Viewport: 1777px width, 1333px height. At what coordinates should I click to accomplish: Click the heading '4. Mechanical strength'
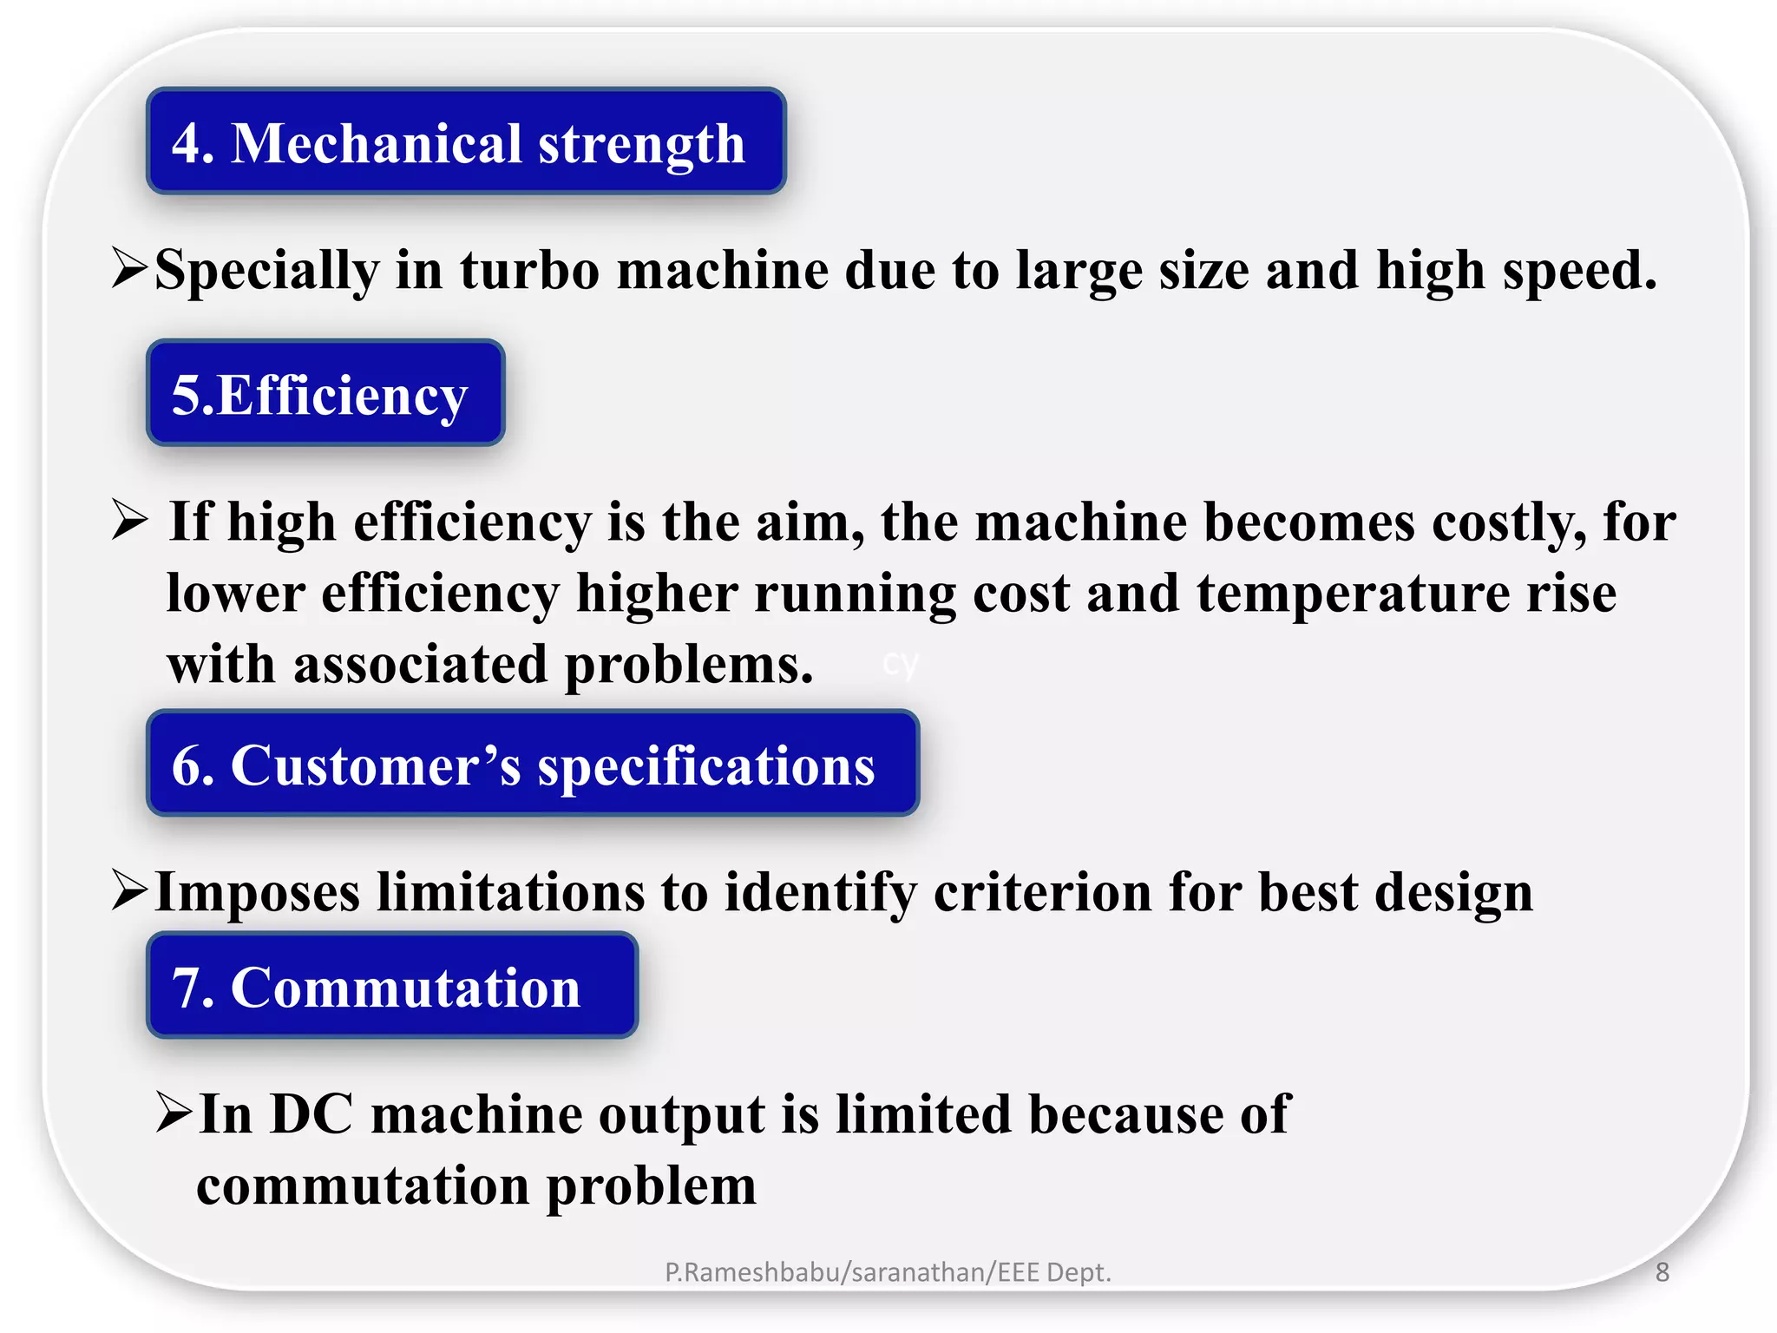(466, 141)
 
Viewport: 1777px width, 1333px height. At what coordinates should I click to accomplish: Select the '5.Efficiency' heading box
(325, 393)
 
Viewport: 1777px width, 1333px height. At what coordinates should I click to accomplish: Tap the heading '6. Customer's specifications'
(532, 764)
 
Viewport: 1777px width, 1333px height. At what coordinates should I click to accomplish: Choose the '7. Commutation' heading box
(392, 986)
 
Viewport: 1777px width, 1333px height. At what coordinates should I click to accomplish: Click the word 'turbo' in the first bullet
(529, 270)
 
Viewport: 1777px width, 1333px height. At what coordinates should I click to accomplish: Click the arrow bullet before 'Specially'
(130, 268)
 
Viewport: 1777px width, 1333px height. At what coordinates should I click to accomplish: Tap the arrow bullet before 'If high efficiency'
(130, 521)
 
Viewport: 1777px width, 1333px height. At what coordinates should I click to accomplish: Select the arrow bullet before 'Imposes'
(130, 891)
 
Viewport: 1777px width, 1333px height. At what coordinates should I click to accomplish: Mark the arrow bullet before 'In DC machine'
(174, 1113)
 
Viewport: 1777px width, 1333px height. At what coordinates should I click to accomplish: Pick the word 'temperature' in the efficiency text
(1354, 594)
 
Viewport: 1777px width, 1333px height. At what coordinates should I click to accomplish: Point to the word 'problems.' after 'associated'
(690, 666)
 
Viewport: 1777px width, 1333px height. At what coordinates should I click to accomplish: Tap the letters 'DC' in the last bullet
(311, 1114)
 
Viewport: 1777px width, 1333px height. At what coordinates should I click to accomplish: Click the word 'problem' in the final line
(651, 1187)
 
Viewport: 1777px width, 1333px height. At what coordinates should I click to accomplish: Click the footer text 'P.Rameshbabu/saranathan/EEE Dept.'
(888, 1272)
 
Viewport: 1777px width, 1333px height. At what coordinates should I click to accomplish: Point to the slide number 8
(1662, 1272)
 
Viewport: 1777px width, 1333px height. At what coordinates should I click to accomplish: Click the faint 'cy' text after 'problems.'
(901, 665)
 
